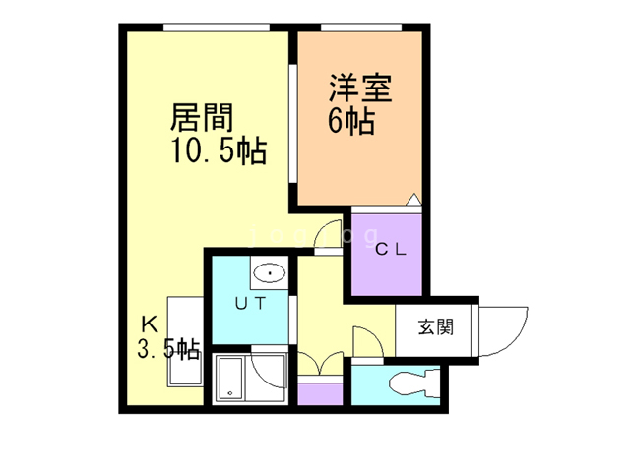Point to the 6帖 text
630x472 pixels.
click(350, 123)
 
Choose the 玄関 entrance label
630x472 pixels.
click(434, 328)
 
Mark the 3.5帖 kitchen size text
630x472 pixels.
click(168, 349)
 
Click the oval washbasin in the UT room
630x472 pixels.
click(268, 271)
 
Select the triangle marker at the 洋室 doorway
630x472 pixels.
click(414, 201)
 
